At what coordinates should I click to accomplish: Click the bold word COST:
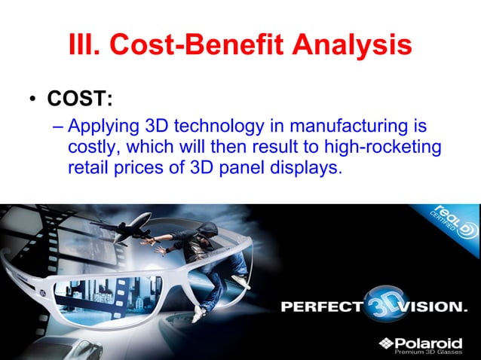[x=80, y=99]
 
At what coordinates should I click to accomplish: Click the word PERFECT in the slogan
[x=319, y=307]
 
